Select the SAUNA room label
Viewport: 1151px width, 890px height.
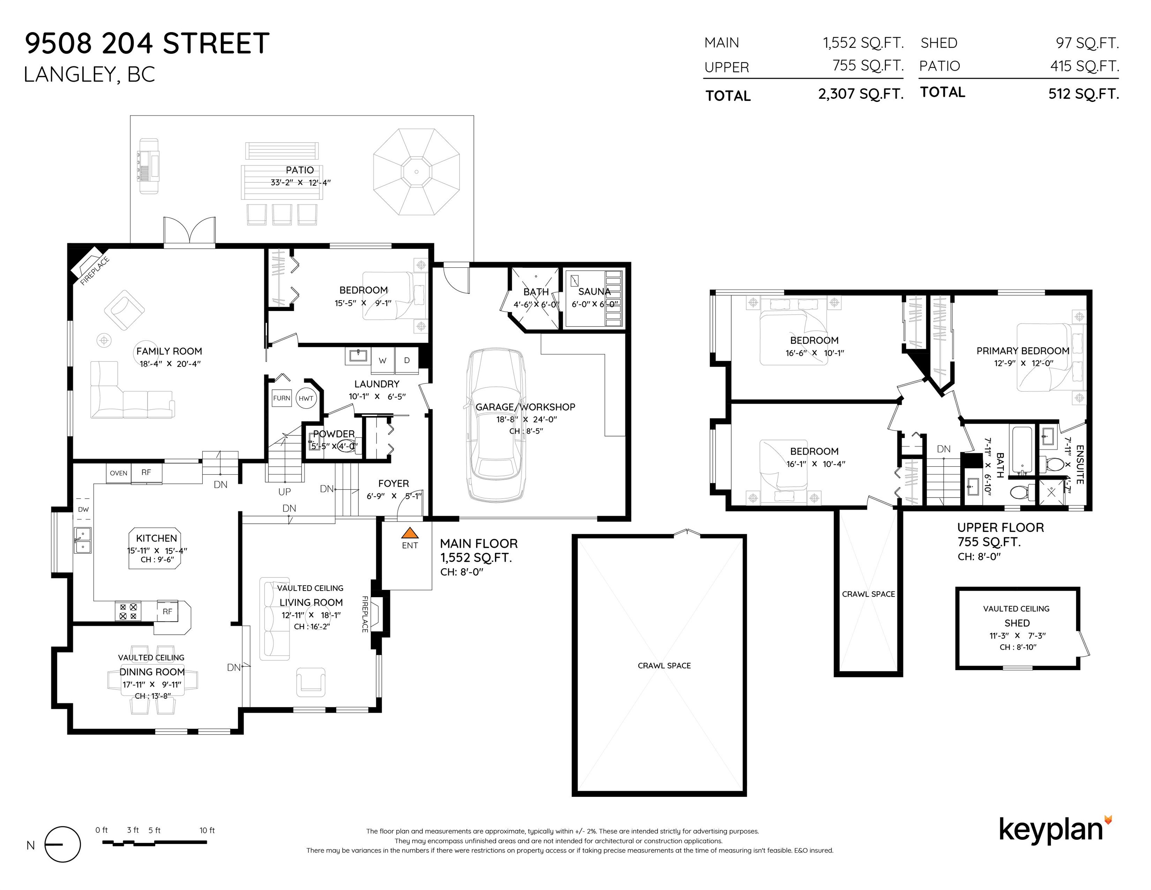(594, 292)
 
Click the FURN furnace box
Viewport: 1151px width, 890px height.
(281, 398)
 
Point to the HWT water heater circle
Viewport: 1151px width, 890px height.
(306, 399)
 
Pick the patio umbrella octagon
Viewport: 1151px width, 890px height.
(416, 172)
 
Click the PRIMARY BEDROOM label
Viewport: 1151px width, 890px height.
(1022, 351)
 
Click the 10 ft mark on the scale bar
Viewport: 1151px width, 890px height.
(207, 831)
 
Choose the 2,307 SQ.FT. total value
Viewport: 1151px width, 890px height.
(861, 94)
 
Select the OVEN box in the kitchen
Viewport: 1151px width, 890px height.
(119, 473)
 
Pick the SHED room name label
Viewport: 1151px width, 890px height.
(1017, 623)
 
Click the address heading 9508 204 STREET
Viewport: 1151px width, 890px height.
(147, 43)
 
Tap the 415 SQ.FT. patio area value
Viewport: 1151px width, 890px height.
(1084, 66)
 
